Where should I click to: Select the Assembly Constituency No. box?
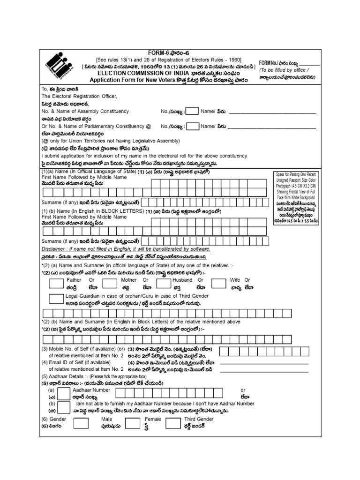192,112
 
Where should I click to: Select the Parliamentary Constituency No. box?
192,127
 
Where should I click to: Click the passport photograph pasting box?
295,197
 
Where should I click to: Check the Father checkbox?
57,283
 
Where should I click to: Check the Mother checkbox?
110,283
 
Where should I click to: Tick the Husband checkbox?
163,283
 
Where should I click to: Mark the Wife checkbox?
218,283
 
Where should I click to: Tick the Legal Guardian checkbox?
57,299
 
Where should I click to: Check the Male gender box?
81,423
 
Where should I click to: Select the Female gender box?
133,423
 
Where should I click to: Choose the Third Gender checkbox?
173,423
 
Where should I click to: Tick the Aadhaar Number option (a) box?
64,393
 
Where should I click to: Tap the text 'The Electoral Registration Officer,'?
79,96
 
